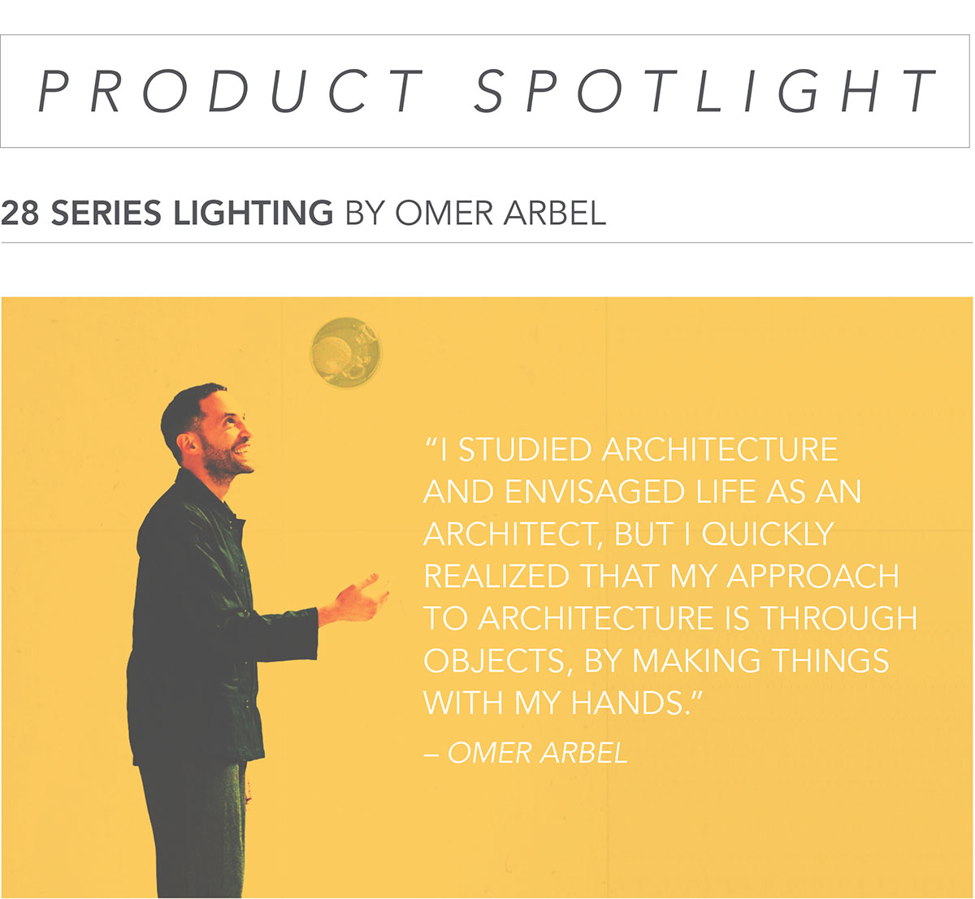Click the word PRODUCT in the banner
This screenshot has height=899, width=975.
click(x=230, y=91)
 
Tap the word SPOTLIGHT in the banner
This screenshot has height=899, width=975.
click(x=704, y=91)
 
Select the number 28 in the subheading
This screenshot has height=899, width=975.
click(x=19, y=213)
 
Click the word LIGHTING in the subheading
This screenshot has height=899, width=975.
click(x=253, y=213)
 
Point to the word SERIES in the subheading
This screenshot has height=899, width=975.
click(x=106, y=213)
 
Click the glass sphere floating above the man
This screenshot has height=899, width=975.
click(x=346, y=352)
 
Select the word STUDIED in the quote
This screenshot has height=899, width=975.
click(x=524, y=450)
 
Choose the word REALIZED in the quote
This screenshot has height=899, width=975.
click(x=496, y=576)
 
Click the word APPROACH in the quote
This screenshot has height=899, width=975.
click(x=813, y=576)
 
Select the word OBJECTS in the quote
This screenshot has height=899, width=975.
click(x=496, y=660)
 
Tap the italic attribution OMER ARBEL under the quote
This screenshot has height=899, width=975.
click(x=538, y=752)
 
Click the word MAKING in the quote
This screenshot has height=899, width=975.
click(x=696, y=660)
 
